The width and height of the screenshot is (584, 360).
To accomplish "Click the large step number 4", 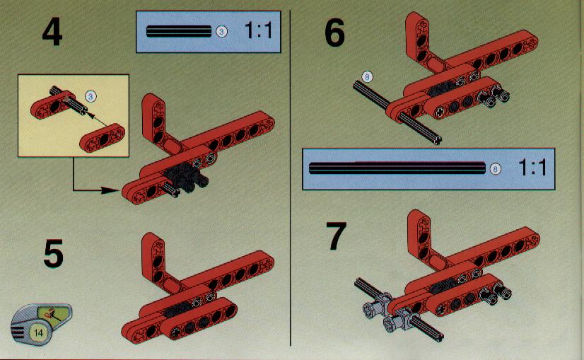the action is (52, 33).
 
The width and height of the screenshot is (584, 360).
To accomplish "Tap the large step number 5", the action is (53, 254).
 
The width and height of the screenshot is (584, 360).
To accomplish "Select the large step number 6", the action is (334, 33).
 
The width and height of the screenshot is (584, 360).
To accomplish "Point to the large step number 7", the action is (336, 236).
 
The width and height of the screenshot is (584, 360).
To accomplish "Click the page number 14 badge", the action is (39, 332).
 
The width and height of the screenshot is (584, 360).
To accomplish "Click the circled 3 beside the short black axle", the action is (221, 32).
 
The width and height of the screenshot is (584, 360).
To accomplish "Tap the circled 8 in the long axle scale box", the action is (495, 169).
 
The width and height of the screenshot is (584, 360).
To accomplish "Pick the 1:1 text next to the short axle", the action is (258, 30).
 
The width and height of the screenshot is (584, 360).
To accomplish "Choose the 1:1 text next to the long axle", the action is (532, 168).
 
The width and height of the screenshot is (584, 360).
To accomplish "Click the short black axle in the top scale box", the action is (179, 31).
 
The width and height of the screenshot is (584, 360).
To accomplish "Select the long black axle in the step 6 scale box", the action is (397, 168).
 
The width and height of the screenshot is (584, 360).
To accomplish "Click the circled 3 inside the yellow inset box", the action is (90, 96).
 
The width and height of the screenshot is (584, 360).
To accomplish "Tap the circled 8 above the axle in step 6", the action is (367, 77).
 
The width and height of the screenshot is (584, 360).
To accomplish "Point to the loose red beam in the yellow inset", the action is (103, 138).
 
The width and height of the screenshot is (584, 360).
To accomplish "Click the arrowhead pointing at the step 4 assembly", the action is (111, 190).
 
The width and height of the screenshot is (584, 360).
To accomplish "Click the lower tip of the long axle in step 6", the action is (437, 141).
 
